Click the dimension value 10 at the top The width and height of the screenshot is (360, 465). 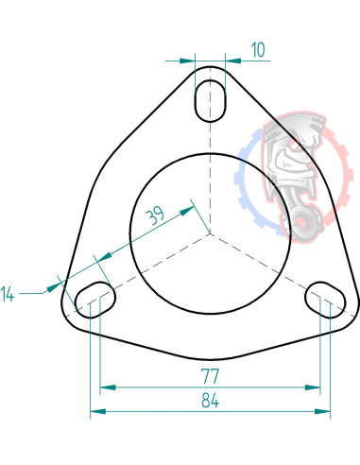coord(258,50)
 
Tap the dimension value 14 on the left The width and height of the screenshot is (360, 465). coord(9,294)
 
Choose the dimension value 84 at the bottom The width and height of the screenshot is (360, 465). coord(210,401)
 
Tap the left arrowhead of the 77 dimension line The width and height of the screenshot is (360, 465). coord(105,387)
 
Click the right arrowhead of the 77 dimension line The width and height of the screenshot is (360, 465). coord(316,387)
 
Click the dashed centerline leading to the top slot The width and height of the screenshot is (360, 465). coord(210,170)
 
